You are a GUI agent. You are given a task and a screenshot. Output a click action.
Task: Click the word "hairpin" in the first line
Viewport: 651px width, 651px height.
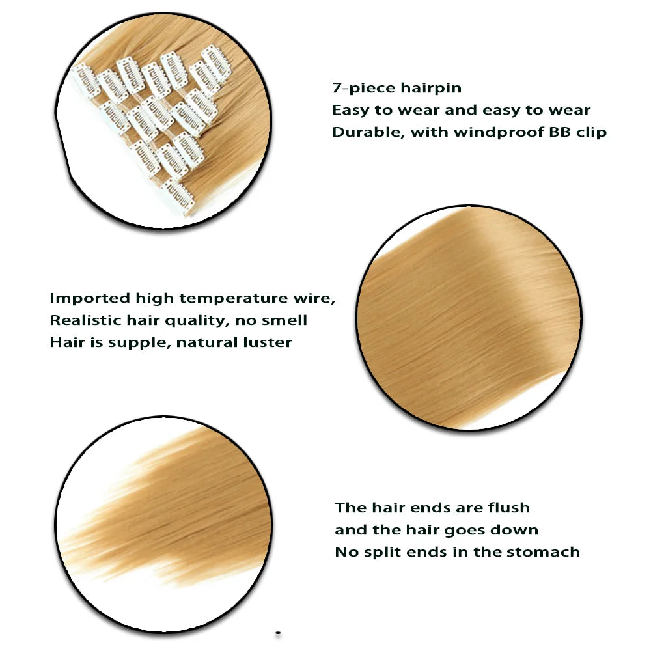pos(431,89)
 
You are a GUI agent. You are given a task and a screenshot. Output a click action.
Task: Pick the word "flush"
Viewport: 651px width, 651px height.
pos(508,507)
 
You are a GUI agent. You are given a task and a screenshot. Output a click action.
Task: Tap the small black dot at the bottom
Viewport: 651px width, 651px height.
pos(278,633)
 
